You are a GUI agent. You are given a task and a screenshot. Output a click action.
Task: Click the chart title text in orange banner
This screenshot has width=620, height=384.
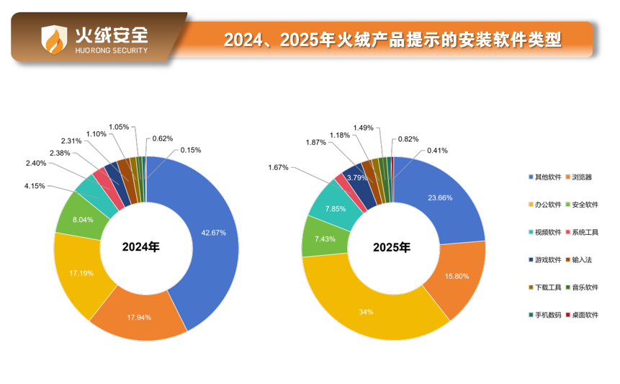pos(392,39)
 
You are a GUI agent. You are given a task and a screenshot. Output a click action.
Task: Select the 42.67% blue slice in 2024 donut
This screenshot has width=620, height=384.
pos(213,232)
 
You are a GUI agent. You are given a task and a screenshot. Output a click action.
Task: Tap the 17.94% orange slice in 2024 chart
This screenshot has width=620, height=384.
pos(139,316)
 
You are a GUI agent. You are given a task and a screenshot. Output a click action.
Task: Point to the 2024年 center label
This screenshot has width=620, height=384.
pos(140,246)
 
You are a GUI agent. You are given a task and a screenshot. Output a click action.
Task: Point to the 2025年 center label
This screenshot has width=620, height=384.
pos(391,247)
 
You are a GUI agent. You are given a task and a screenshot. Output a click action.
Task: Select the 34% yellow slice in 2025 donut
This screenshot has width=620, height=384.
pos(366,311)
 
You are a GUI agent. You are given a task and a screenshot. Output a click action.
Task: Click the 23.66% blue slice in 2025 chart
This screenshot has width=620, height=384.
pos(441,197)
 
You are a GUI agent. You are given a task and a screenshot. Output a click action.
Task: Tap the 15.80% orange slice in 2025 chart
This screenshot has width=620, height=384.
pos(457,275)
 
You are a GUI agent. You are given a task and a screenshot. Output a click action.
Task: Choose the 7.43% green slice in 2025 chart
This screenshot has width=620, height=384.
pos(321,238)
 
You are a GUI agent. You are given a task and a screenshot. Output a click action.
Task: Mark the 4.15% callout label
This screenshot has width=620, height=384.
pos(35,186)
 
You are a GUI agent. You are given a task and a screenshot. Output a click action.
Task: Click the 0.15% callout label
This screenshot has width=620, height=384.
pos(191,150)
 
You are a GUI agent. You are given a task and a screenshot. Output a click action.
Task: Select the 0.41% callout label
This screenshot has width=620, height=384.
pos(437,151)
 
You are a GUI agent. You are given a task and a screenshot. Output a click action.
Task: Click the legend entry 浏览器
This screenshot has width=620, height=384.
pos(582,177)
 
